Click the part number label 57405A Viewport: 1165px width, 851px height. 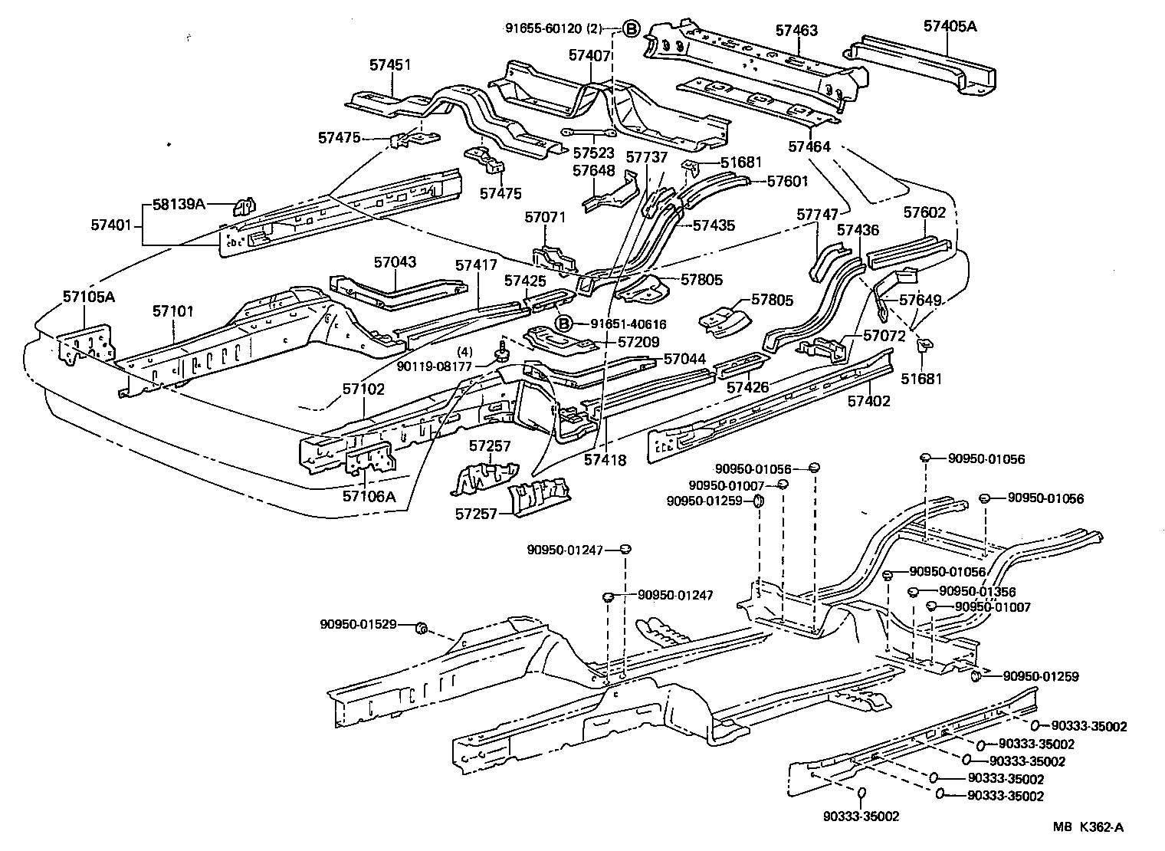point(950,25)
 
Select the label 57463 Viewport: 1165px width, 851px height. point(796,31)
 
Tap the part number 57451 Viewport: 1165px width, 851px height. point(390,64)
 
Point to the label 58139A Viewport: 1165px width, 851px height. point(179,205)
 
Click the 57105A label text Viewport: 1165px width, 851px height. point(89,296)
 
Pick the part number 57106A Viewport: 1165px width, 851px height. point(369,496)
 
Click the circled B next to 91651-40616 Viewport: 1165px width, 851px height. point(564,324)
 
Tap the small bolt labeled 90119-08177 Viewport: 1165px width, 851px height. point(502,353)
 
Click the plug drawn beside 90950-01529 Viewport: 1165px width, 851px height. point(420,629)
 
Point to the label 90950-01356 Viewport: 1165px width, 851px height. point(977,592)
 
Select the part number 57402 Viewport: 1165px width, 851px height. point(869,401)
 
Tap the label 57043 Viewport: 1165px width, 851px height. point(395,261)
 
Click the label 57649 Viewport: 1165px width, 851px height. point(920,300)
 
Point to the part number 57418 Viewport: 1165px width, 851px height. point(605,460)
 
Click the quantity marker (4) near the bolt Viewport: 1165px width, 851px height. point(464,352)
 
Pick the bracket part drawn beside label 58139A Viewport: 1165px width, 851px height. point(244,207)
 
